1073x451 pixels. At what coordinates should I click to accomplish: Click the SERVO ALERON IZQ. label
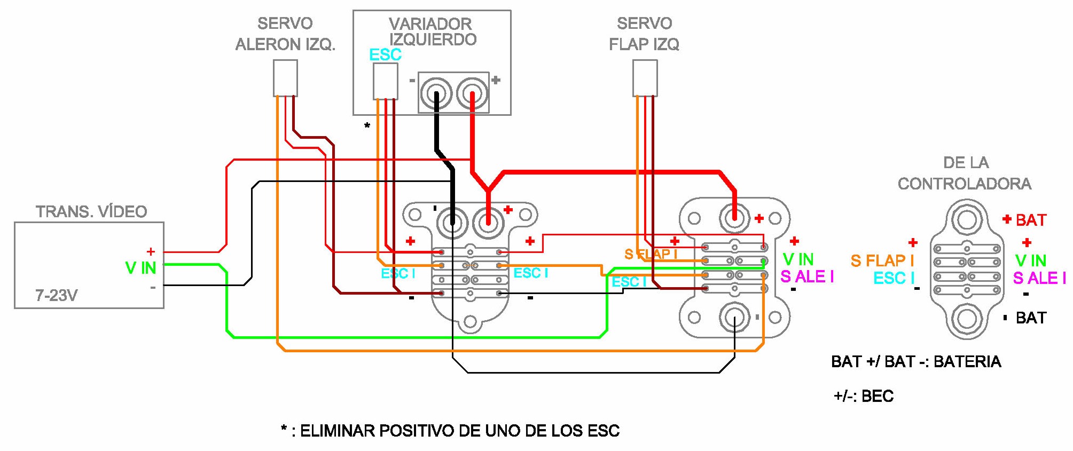pyautogui.click(x=285, y=34)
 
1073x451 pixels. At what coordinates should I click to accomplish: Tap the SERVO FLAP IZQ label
pyautogui.click(x=644, y=34)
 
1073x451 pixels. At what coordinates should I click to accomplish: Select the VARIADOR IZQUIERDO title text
pyautogui.click(x=432, y=31)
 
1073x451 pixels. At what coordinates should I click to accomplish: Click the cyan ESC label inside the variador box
pyautogui.click(x=385, y=54)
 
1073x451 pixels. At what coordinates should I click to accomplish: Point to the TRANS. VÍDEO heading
pyautogui.click(x=91, y=211)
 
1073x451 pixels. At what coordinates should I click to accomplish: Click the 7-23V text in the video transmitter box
pyautogui.click(x=57, y=295)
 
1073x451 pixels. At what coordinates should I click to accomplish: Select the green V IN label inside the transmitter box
pyautogui.click(x=140, y=268)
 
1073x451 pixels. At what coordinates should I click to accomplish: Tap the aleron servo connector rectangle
pyautogui.click(x=285, y=78)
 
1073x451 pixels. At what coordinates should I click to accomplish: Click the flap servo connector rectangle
pyautogui.click(x=645, y=78)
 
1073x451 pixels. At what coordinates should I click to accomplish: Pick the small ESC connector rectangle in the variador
pyautogui.click(x=385, y=81)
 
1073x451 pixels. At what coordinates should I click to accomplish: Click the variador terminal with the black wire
pyautogui.click(x=436, y=93)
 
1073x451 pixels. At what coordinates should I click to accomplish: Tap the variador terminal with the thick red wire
pyautogui.click(x=472, y=93)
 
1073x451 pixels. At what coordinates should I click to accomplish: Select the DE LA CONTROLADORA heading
pyautogui.click(x=965, y=173)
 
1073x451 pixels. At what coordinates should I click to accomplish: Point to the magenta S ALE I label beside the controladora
pyautogui.click(x=1039, y=278)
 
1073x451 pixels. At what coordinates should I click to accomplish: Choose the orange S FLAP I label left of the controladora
pyautogui.click(x=882, y=261)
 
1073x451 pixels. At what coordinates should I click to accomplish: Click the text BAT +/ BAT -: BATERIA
pyautogui.click(x=916, y=362)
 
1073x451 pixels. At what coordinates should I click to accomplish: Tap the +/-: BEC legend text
pyautogui.click(x=864, y=396)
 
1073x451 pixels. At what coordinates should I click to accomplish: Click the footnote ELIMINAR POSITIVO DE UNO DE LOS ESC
pyautogui.click(x=450, y=431)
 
